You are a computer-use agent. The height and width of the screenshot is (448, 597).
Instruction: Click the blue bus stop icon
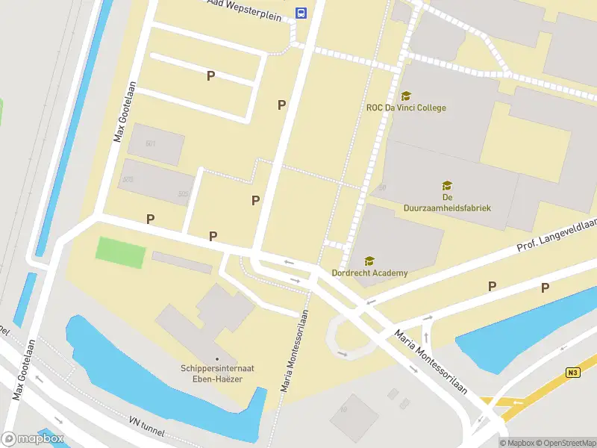(x=301, y=13)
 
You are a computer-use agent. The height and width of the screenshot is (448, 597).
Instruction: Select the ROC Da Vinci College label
(x=406, y=108)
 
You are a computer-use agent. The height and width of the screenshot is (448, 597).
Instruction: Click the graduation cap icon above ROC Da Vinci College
(x=406, y=96)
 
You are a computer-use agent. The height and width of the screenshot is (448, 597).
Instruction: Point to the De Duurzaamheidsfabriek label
(x=447, y=202)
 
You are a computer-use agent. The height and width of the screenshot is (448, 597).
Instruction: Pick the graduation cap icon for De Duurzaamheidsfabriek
(x=447, y=186)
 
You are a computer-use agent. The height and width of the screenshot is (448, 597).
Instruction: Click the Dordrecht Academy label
(x=369, y=273)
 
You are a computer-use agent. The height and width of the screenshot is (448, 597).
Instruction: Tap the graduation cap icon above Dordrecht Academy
(x=369, y=261)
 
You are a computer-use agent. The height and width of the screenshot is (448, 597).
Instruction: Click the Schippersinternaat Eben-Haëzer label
(x=216, y=373)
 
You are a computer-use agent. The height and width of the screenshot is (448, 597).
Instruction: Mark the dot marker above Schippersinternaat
(x=216, y=358)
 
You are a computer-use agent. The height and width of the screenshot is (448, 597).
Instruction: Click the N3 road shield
(x=572, y=373)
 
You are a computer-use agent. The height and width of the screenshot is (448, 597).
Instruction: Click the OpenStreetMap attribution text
(x=564, y=443)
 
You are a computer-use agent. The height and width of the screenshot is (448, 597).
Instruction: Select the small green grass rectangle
(x=120, y=253)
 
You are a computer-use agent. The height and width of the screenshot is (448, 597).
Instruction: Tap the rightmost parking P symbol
(x=546, y=287)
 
